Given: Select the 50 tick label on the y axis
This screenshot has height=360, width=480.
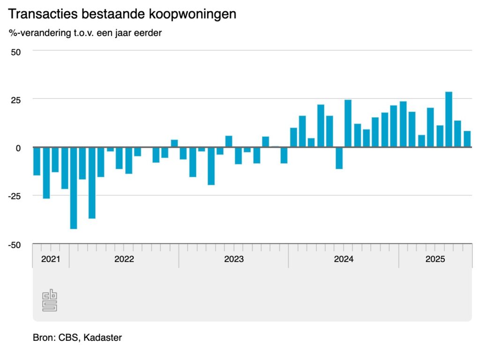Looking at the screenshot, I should tap(16, 52).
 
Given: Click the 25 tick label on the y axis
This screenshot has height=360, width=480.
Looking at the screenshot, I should tap(16, 100).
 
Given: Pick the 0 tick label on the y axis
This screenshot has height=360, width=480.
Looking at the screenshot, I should tap(18, 148).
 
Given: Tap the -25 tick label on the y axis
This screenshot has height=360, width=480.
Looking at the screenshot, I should tap(15, 196).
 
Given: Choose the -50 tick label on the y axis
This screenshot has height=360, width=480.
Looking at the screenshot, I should tap(15, 245).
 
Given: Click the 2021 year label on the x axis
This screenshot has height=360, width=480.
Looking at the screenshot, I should tap(51, 259).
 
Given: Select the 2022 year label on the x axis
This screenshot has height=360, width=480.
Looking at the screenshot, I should tap(124, 259).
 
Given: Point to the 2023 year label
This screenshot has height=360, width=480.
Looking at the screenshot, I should tap(234, 259).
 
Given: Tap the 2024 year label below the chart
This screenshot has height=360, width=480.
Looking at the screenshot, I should tap(344, 259).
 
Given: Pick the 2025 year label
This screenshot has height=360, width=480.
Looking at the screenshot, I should tap(435, 259).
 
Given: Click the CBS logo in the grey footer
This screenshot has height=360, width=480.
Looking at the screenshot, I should tap(50, 300).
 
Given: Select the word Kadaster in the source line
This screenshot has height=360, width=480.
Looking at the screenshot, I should tap(103, 337).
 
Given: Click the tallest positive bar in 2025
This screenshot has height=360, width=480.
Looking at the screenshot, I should tap(449, 119).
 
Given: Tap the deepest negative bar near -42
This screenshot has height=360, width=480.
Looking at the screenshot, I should tap(74, 187).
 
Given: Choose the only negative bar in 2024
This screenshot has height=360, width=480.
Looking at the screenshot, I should tap(339, 157).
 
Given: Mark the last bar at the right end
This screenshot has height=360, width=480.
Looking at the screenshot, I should tap(467, 139).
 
